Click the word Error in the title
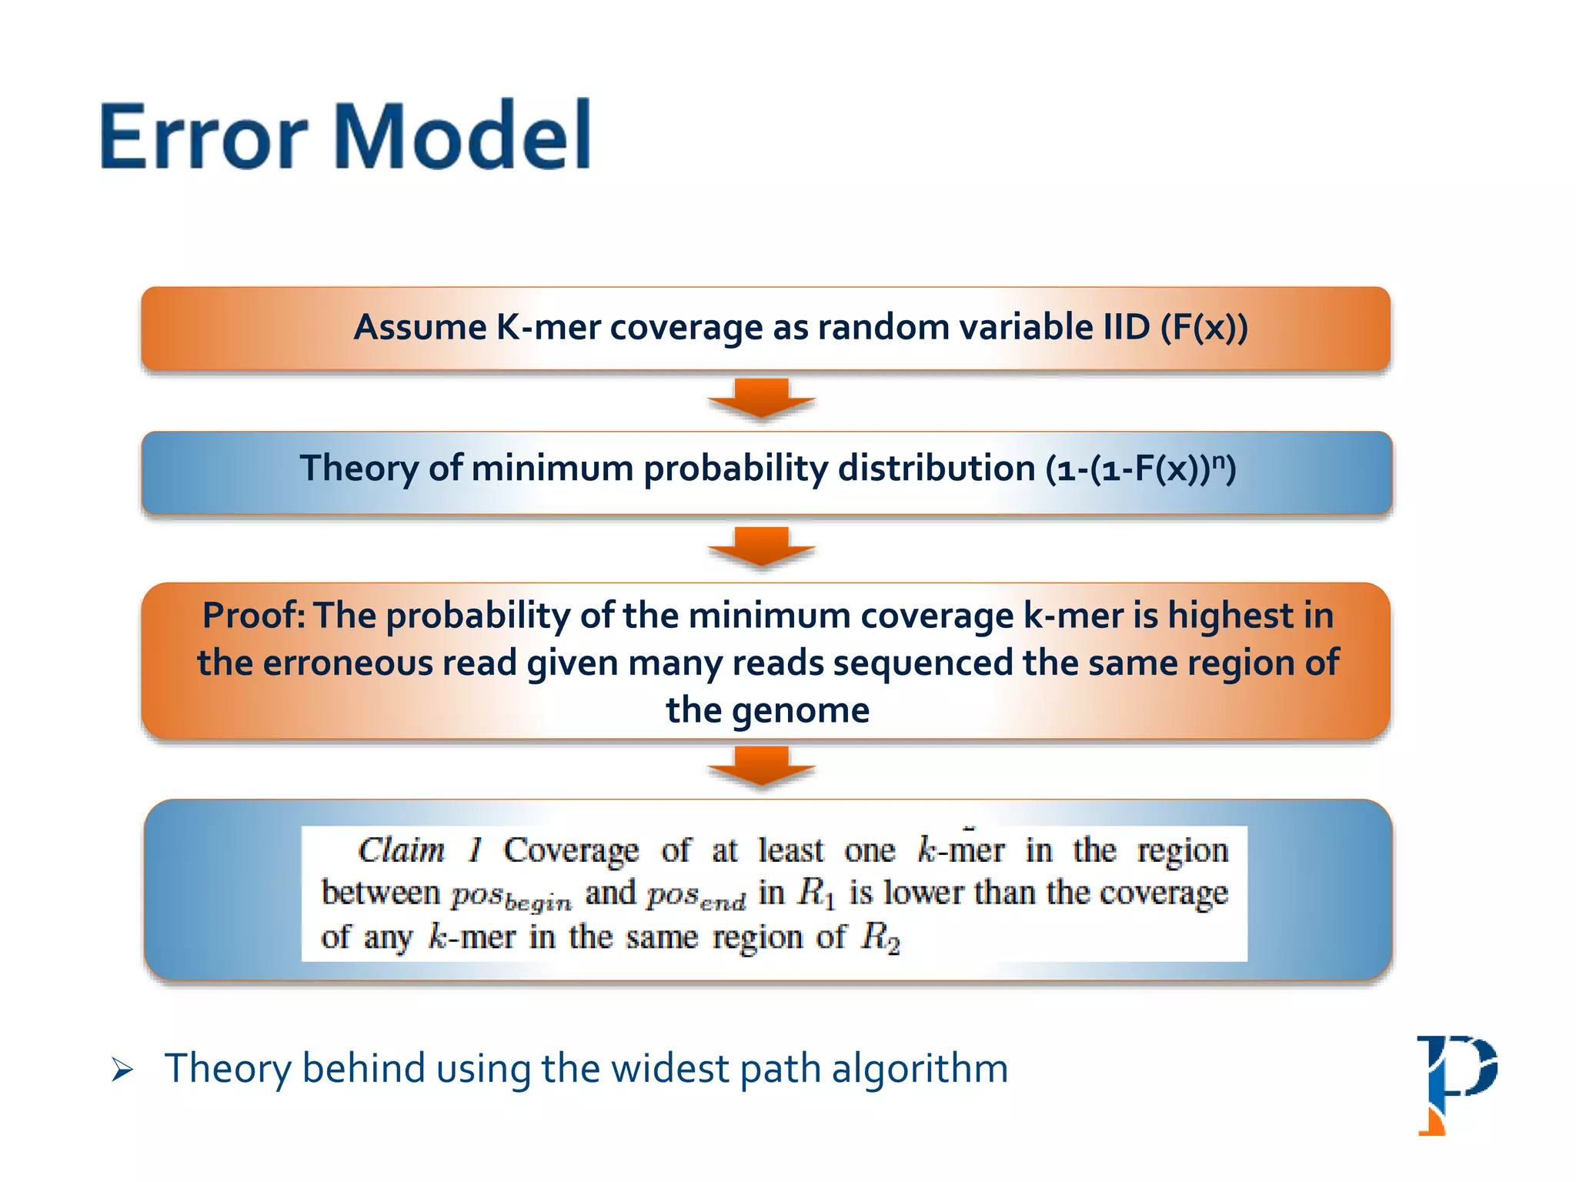203,137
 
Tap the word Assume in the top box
419,328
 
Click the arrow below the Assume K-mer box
761,399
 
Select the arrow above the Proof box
761,546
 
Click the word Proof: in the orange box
253,616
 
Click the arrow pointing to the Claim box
761,766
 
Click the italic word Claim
402,850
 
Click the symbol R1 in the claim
816,893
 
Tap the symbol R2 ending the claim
880,938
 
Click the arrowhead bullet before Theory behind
122,1070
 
